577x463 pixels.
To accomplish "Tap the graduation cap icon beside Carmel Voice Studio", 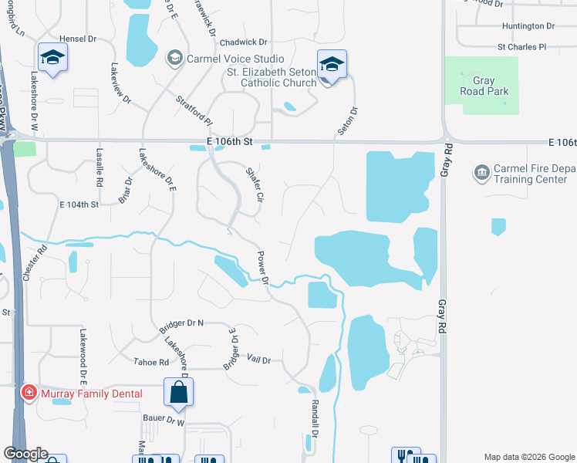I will [x=175, y=58].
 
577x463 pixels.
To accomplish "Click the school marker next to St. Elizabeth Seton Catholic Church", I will [x=332, y=64].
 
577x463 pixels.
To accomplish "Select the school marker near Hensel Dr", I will [x=53, y=57].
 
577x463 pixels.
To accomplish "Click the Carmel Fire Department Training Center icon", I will [x=482, y=171].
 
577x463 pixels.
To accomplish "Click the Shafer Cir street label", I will [x=255, y=186].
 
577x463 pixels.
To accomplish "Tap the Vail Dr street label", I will [x=260, y=360].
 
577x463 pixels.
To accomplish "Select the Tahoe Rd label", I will [x=151, y=362].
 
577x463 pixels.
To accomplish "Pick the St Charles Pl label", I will [x=521, y=46].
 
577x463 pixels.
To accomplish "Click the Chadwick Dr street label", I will [x=243, y=42].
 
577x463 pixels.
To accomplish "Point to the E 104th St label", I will [x=79, y=204].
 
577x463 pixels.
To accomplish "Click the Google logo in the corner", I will [x=25, y=454].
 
